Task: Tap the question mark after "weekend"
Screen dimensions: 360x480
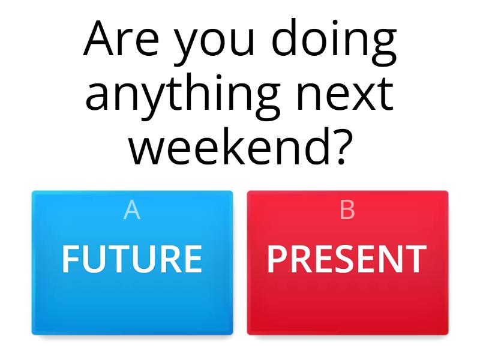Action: [x=338, y=145]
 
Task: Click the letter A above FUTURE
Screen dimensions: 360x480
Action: [x=132, y=211]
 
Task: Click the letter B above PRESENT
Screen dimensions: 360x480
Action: [x=347, y=211]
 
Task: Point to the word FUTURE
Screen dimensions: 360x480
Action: [x=132, y=259]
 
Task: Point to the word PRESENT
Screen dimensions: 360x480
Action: [x=347, y=259]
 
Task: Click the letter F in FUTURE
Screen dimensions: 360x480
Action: [x=70, y=259]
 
